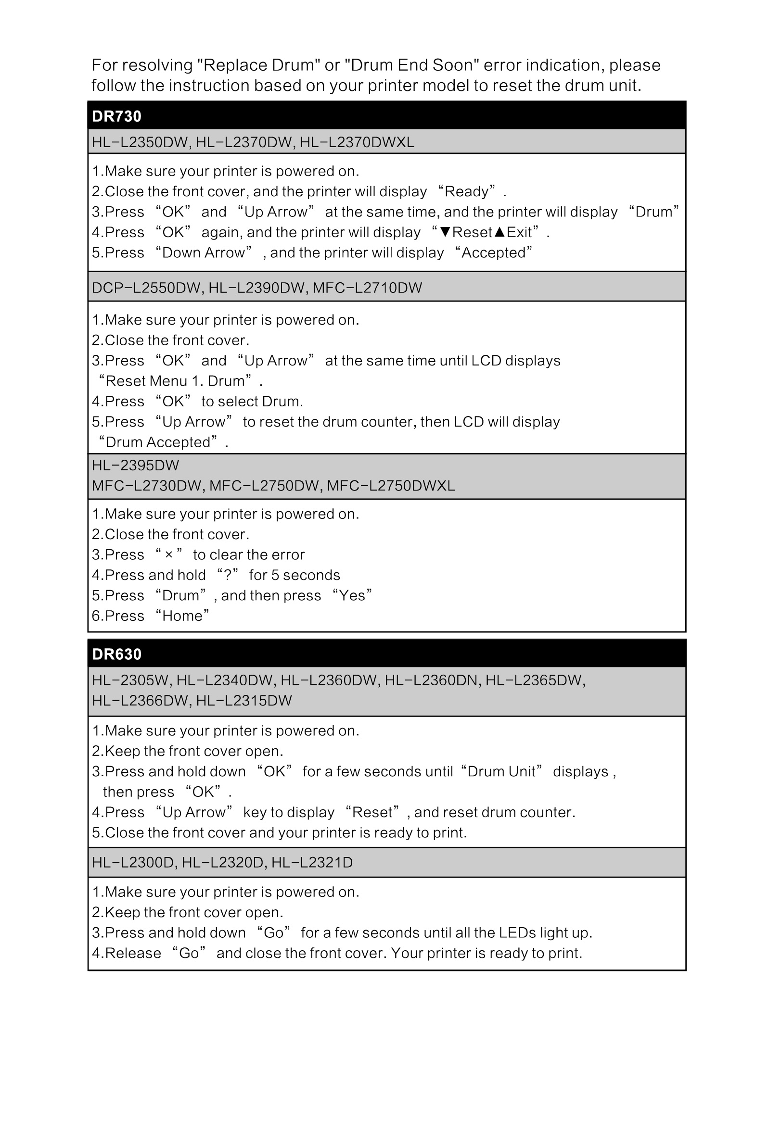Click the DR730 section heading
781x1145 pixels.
point(117,116)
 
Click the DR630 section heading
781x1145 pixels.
point(117,654)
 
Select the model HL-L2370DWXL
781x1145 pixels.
point(357,142)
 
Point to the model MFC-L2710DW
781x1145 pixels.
point(367,288)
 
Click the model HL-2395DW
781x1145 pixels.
point(136,465)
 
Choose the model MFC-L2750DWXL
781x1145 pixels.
point(391,486)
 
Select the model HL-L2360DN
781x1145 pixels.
point(432,680)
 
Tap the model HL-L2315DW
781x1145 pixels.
point(244,701)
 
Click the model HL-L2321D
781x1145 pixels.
point(312,862)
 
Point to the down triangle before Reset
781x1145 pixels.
point(446,232)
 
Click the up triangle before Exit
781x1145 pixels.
point(499,232)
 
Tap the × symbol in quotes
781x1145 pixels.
point(168,555)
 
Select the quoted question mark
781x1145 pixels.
point(227,575)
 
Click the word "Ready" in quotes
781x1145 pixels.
point(466,191)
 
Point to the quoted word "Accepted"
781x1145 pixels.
point(494,253)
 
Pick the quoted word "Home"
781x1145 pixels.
point(182,616)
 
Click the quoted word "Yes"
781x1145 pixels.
point(352,596)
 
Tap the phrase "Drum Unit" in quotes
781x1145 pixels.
point(501,771)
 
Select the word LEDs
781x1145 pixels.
point(517,932)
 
